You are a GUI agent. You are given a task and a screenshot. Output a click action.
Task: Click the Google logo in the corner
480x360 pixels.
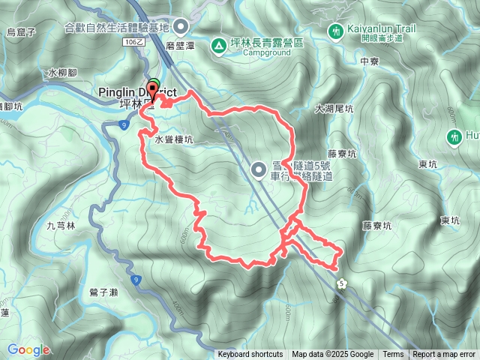[28, 349]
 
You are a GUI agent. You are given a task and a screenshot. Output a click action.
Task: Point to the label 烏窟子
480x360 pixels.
[21, 31]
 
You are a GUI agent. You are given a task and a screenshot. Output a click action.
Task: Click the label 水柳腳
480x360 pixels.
[61, 73]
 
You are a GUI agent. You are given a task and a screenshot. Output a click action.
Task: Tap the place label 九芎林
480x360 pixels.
[61, 225]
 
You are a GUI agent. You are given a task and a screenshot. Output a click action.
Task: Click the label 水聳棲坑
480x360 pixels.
[174, 139]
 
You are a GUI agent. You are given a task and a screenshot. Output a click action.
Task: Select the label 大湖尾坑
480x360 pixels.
[334, 109]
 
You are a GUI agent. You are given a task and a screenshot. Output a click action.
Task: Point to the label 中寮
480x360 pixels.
[370, 61]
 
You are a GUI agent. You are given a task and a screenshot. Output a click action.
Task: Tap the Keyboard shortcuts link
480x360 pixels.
[250, 355]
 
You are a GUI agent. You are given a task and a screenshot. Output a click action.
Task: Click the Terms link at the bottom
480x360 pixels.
[393, 355]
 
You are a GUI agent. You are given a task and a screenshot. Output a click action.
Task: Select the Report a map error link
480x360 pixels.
[444, 355]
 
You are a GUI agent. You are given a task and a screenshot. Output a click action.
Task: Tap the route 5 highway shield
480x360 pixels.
[342, 282]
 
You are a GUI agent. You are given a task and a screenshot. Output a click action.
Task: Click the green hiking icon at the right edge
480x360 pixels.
[454, 137]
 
